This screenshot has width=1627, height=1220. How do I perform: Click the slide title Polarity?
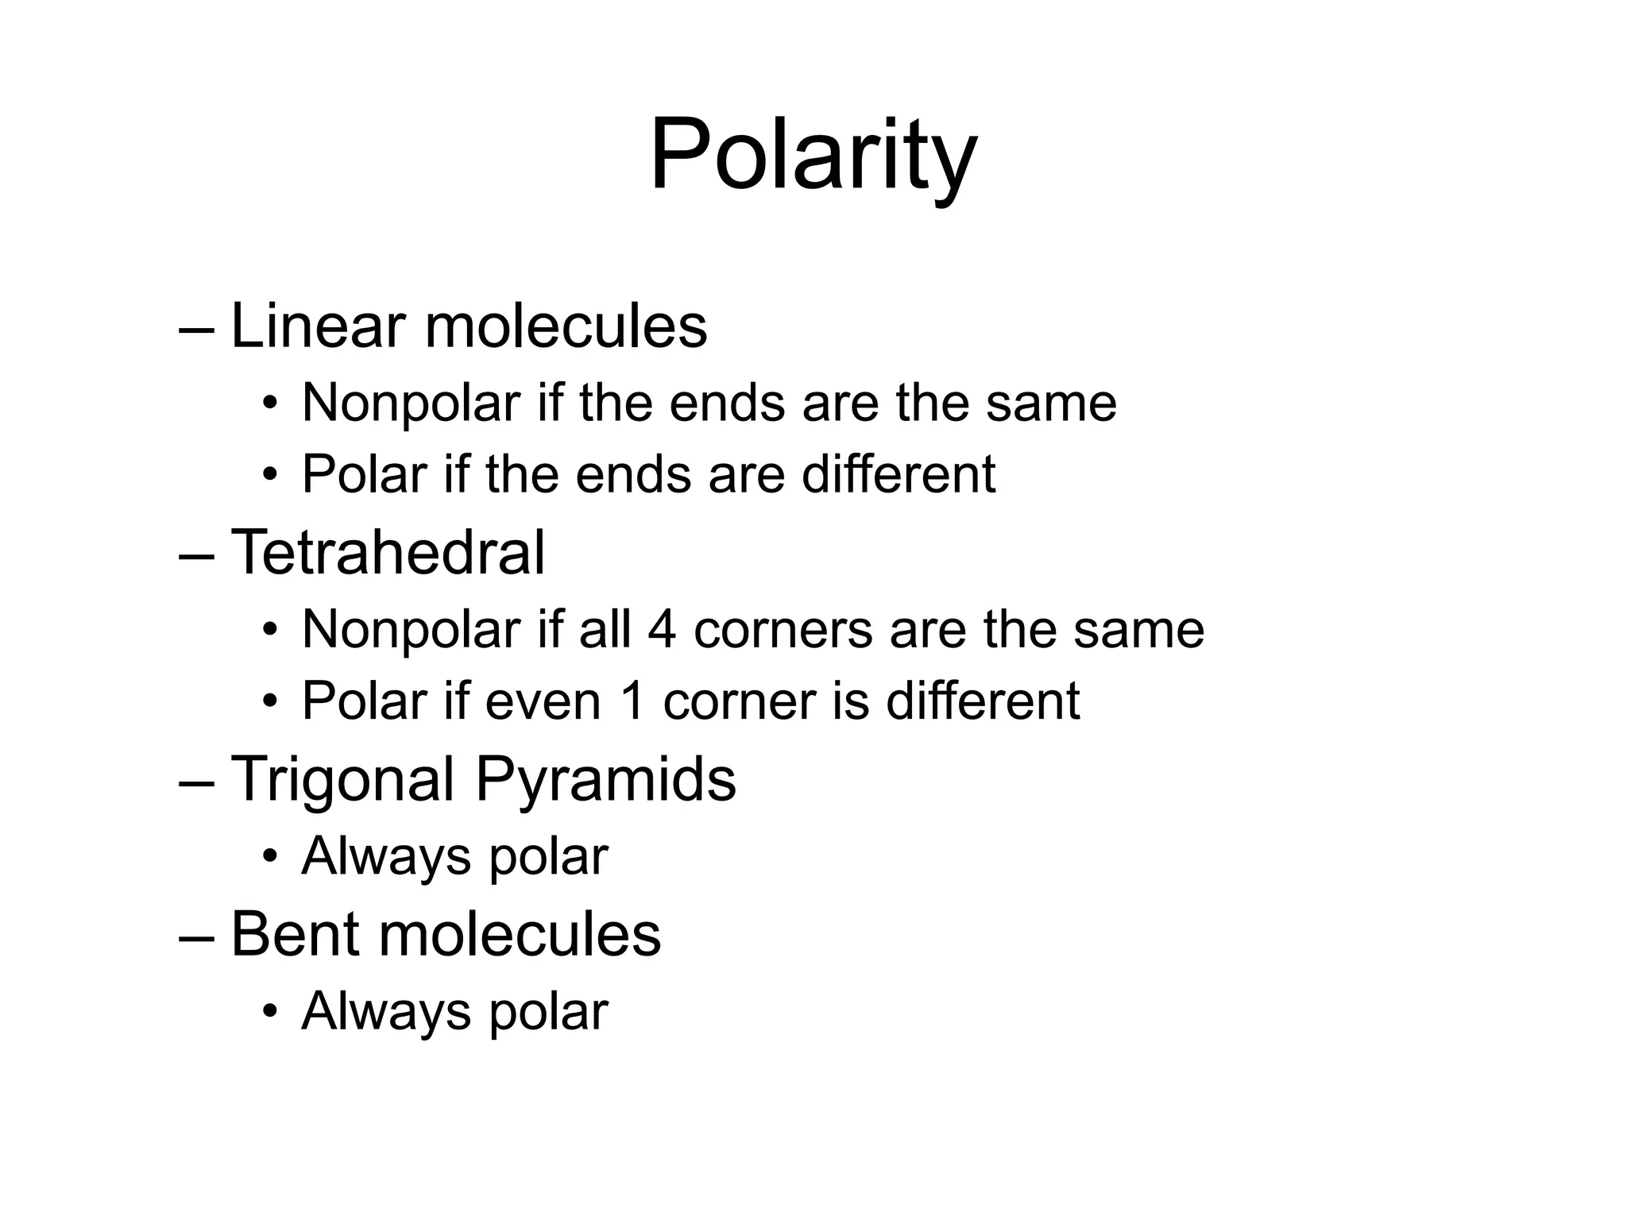[x=813, y=155]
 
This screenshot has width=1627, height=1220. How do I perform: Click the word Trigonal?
[x=342, y=780]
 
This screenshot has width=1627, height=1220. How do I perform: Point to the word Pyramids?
[x=605, y=780]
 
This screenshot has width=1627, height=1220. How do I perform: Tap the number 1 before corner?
[x=632, y=701]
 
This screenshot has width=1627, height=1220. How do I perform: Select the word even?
[x=543, y=701]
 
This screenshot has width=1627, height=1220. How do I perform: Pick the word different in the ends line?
[x=898, y=474]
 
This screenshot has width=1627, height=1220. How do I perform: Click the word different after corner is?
[x=983, y=701]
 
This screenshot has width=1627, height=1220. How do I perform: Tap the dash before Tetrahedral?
[x=197, y=554]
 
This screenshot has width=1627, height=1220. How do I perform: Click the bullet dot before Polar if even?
[x=271, y=701]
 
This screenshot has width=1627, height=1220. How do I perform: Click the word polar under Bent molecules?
[x=548, y=1012]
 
